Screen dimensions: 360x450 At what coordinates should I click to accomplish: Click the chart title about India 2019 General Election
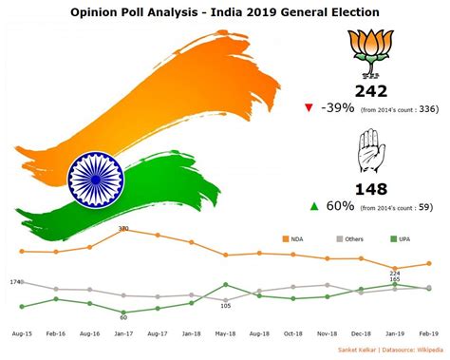click(225, 11)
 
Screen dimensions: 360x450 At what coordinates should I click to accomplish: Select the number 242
click(371, 91)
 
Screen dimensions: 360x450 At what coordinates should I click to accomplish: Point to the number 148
click(371, 189)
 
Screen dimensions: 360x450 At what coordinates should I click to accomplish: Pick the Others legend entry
click(349, 238)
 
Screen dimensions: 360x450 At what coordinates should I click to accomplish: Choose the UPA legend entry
click(402, 238)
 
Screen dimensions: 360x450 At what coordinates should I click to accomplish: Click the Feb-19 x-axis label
click(428, 334)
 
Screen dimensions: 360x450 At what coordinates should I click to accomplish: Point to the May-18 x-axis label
click(226, 334)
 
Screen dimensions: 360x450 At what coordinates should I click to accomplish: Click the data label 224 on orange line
click(395, 272)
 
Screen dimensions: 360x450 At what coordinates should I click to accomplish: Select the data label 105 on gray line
click(226, 305)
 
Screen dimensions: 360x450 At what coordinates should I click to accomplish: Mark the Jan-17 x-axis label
click(124, 334)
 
